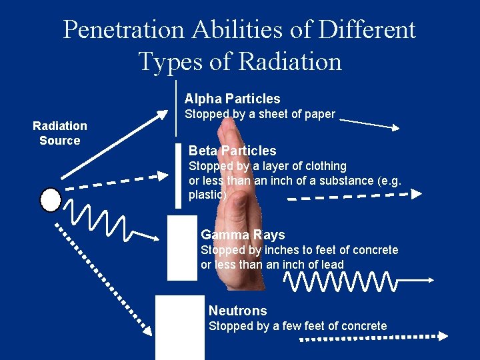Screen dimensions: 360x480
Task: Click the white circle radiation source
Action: pos(51,199)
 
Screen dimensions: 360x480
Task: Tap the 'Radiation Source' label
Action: pos(60,133)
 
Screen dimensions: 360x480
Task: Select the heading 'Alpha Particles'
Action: pos(232,99)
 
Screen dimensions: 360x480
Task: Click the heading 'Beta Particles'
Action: pos(232,151)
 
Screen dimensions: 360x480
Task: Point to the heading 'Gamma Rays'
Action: pos(243,235)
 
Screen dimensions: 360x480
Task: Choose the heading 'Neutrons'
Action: pos(237,311)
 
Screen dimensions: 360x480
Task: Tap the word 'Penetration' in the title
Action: pos(123,29)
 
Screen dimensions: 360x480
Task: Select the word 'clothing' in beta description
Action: pos(324,166)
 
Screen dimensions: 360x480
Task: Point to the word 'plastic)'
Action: pos(208,195)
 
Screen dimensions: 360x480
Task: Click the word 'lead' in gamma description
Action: pos(331,265)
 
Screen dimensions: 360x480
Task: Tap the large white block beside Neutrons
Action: pos(180,327)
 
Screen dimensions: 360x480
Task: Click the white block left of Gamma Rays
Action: pos(182,247)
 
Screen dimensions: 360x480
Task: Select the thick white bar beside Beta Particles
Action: pos(179,175)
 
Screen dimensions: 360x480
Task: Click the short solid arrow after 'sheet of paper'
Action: pos(369,124)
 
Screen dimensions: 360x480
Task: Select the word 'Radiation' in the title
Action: pos(290,61)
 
